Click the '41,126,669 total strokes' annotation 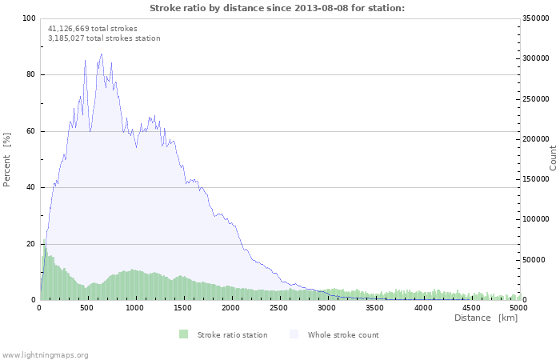(92, 28)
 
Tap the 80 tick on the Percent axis (30, 74)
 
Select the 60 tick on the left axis (30, 131)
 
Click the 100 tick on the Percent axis (29, 18)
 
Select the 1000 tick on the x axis (136, 307)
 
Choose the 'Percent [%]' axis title (7, 159)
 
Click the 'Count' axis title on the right (553, 158)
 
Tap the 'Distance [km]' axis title (486, 318)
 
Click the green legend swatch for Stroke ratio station (183, 334)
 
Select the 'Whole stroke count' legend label (343, 334)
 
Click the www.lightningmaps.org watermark (45, 354)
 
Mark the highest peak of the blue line (101, 54)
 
